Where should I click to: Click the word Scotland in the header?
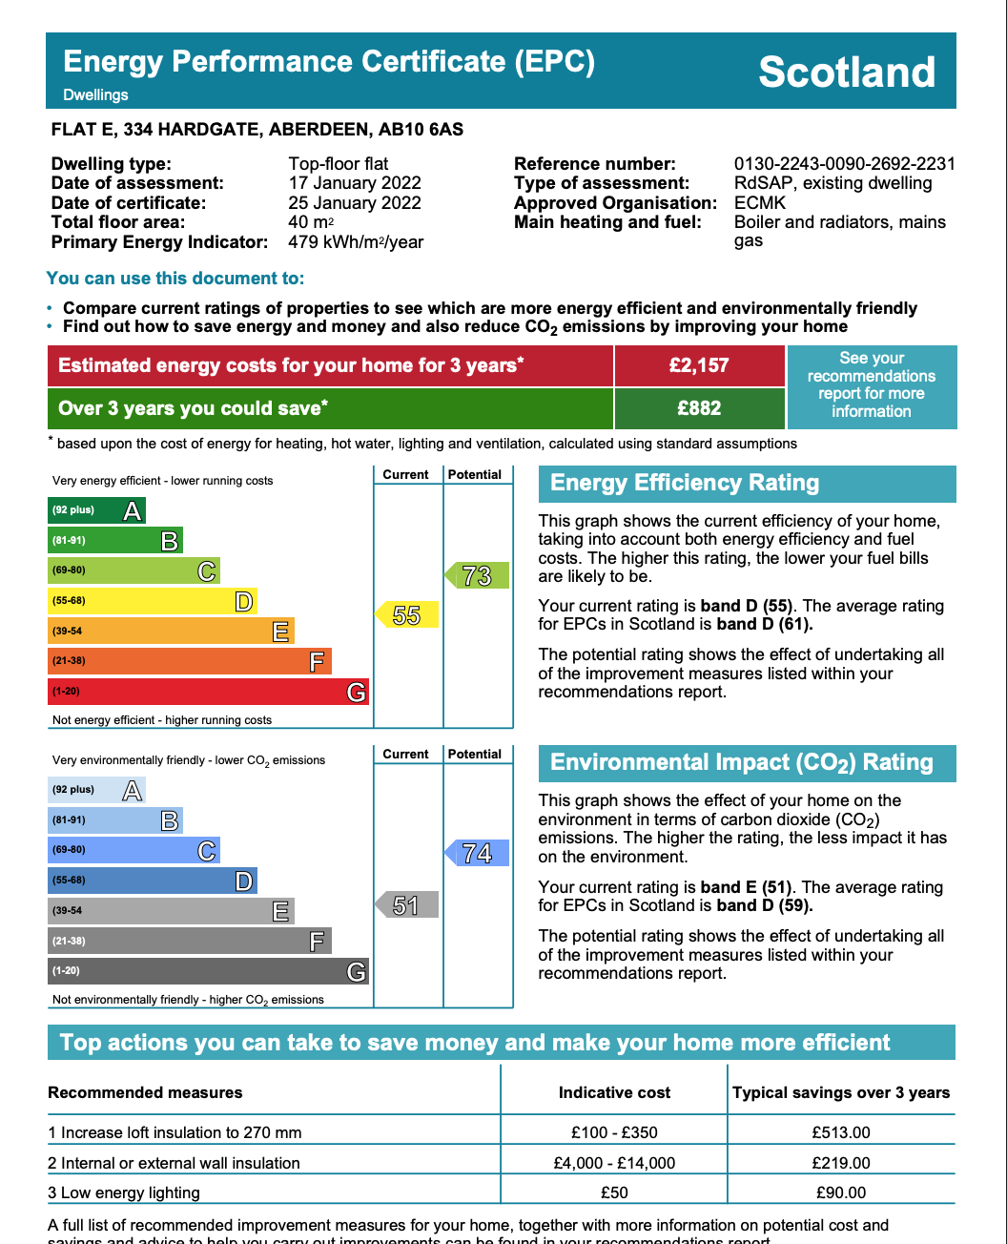click(x=847, y=73)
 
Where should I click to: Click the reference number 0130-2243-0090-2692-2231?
click(x=844, y=164)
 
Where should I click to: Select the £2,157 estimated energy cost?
click(x=699, y=365)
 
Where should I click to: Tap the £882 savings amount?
click(x=699, y=408)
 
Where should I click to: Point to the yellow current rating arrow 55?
click(x=407, y=615)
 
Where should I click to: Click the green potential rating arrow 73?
click(x=477, y=575)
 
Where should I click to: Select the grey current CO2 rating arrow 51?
click(x=407, y=904)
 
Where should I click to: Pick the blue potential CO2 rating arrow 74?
click(x=477, y=853)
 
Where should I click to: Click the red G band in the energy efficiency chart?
click(x=208, y=692)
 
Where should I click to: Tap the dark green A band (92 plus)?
click(x=96, y=510)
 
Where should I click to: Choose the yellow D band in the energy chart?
click(x=153, y=601)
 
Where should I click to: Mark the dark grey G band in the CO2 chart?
click(x=208, y=971)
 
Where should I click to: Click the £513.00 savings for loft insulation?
click(x=841, y=1132)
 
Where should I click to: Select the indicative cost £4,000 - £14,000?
click(x=614, y=1163)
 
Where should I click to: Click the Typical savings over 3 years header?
click(x=841, y=1092)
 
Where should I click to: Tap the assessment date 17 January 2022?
click(x=355, y=183)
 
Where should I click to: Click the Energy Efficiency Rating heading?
click(x=685, y=483)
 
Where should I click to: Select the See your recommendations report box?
click(x=872, y=385)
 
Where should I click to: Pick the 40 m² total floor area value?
click(x=311, y=222)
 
